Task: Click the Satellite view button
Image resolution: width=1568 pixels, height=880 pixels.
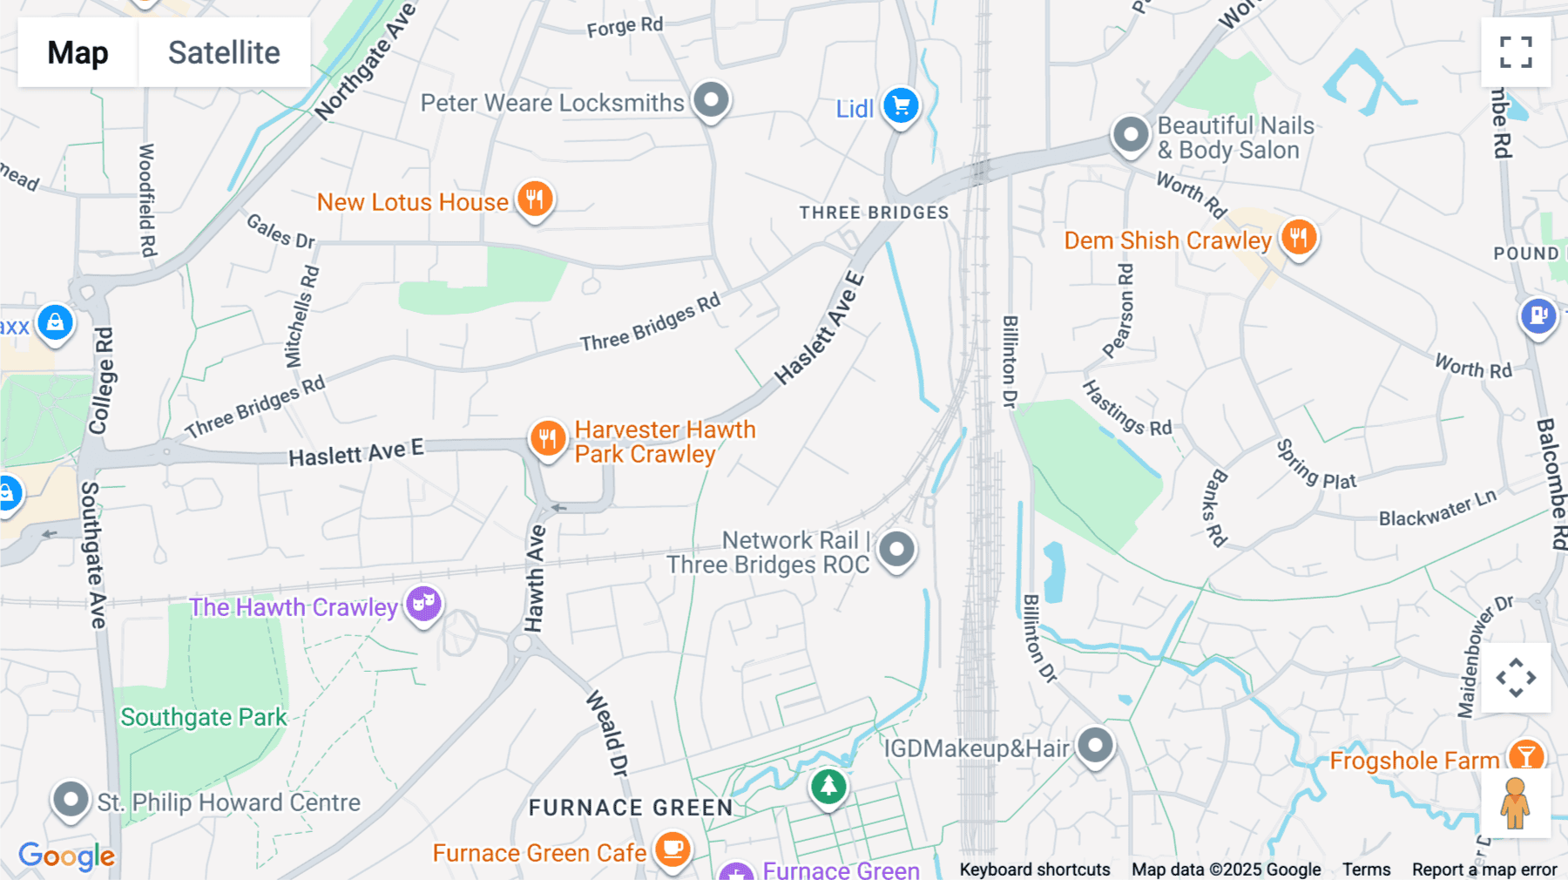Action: tap(224, 52)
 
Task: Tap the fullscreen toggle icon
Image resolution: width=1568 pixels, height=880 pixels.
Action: tap(1516, 52)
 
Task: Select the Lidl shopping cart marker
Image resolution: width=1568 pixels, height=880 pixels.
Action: tap(901, 106)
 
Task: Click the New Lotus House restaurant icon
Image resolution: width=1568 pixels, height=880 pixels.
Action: tap(535, 200)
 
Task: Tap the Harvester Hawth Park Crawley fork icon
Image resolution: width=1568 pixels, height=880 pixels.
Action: tap(547, 437)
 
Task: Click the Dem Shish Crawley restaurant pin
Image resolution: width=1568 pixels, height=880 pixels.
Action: tap(1298, 237)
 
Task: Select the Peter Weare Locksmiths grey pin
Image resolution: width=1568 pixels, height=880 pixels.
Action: tap(712, 100)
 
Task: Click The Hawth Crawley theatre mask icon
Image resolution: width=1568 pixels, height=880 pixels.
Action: tap(423, 604)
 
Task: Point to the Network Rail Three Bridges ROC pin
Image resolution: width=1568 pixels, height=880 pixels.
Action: tap(896, 550)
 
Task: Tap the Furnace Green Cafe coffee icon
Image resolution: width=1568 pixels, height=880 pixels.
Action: tap(672, 848)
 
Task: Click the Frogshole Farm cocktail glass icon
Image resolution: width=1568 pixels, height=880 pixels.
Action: tap(1525, 756)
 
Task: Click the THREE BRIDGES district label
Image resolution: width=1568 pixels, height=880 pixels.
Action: tap(874, 213)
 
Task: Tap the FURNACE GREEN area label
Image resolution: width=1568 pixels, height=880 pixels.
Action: tap(631, 808)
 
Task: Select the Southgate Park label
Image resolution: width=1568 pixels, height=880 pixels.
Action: tap(204, 717)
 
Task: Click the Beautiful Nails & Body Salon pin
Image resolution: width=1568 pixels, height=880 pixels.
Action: tap(1131, 135)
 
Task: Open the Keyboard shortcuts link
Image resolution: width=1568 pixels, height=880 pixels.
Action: tap(1034, 870)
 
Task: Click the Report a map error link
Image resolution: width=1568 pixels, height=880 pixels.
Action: tap(1484, 870)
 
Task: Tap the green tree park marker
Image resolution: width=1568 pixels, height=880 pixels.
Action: tap(828, 787)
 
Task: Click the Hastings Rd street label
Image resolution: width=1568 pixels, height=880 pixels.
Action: tap(1126, 407)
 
